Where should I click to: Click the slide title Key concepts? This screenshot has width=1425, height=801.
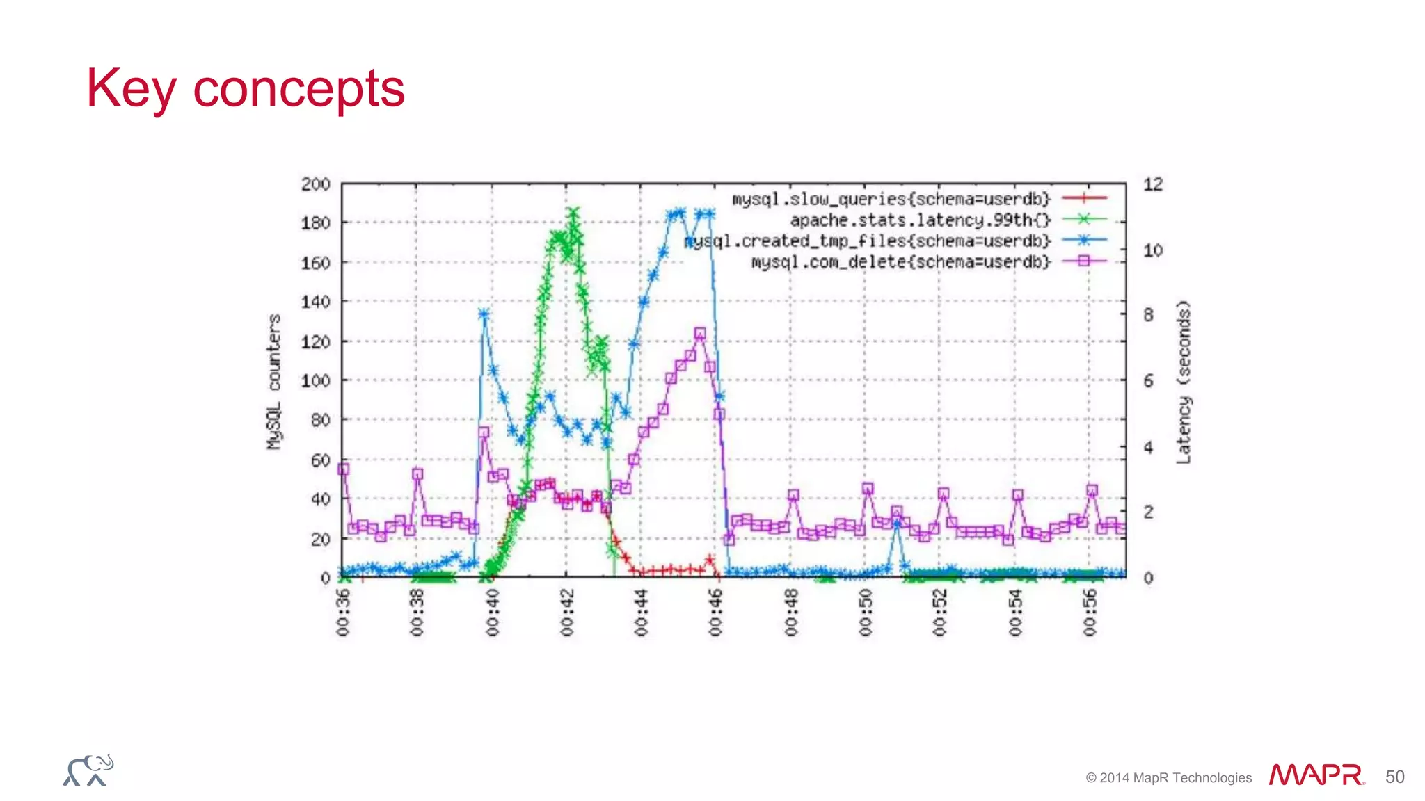click(x=245, y=89)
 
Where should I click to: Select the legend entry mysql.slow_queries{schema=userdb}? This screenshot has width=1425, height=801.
click(x=891, y=199)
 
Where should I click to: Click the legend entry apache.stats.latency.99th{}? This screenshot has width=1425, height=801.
click(x=920, y=220)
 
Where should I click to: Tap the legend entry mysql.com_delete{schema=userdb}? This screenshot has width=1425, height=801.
click(x=900, y=262)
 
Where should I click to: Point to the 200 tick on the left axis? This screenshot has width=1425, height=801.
click(x=315, y=184)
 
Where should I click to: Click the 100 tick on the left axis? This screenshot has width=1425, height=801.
click(x=315, y=381)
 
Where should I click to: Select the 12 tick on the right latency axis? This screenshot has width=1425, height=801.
click(x=1153, y=184)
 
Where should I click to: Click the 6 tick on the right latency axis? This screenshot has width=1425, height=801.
click(x=1149, y=381)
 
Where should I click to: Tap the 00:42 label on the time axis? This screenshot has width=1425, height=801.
click(x=567, y=613)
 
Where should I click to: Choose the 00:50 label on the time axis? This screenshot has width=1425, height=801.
click(x=865, y=613)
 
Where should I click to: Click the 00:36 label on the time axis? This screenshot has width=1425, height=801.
click(x=343, y=613)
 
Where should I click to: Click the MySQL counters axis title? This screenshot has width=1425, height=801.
click(x=274, y=381)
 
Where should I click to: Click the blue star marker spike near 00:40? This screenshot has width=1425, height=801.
click(x=484, y=314)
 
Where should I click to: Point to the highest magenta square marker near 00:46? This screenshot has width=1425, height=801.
click(x=700, y=334)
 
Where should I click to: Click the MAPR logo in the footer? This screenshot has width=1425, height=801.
click(x=1315, y=775)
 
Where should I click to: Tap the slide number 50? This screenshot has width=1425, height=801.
click(x=1394, y=777)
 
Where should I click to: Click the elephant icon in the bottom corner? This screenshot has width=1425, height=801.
click(x=88, y=770)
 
